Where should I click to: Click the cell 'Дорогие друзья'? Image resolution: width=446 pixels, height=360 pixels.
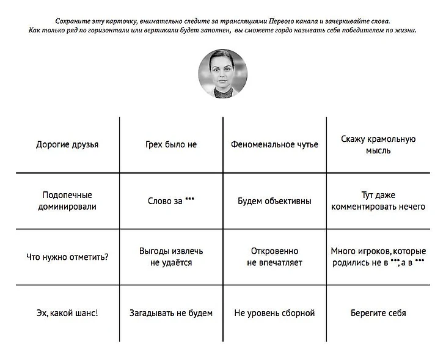pos(67,145)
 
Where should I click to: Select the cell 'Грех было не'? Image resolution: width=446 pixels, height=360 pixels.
pos(171,145)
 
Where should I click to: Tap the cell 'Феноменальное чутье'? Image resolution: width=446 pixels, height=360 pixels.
pos(274,145)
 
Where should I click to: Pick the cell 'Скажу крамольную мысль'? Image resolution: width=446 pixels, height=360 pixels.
pos(378,145)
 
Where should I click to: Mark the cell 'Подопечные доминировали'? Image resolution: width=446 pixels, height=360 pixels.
pos(67,200)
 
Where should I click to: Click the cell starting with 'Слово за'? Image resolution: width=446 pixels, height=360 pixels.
pos(171,200)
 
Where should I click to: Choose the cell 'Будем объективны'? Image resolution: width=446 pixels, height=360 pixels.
pos(274,200)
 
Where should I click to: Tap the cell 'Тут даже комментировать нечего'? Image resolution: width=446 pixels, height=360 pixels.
pos(378,200)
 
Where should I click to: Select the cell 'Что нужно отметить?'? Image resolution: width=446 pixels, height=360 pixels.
pos(67,257)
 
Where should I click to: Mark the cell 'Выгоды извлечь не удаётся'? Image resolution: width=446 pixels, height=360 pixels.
pos(171,257)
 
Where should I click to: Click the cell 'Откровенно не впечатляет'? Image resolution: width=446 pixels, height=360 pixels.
pos(274,257)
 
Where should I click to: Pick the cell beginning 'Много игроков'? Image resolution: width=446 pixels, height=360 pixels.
pos(378,257)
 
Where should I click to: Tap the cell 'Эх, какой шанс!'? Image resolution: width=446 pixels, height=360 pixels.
pos(67,313)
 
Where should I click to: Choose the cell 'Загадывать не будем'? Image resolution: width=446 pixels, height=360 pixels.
pos(171,313)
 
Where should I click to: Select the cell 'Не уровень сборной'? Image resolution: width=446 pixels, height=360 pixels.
pos(274,313)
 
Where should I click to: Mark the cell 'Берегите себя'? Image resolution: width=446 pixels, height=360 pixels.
pos(378,313)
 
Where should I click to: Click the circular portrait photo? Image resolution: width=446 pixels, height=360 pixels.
pos(222,74)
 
